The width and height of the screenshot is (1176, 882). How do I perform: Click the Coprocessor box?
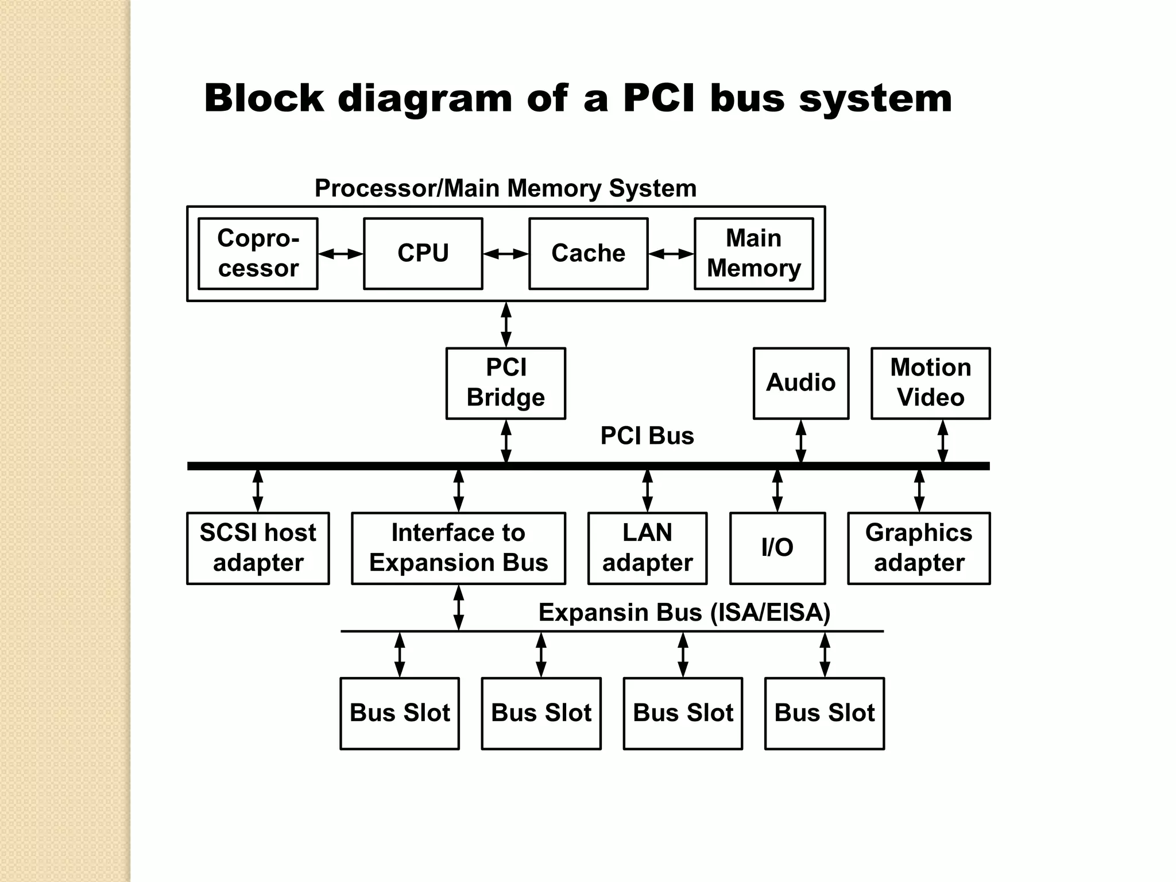[258, 253]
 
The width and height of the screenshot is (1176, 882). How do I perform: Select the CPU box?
[423, 253]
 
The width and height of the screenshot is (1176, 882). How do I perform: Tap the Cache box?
[588, 253]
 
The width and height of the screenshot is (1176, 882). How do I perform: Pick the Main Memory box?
[753, 253]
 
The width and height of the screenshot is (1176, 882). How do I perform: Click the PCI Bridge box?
[505, 383]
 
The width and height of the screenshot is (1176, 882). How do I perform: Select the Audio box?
[800, 383]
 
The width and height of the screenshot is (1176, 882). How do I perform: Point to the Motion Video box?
[930, 383]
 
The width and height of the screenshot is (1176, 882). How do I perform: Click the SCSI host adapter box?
[258, 548]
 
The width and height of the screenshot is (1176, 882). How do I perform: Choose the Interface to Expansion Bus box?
[458, 548]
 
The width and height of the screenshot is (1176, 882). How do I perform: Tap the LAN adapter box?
[647, 548]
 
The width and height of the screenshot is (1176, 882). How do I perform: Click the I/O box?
[777, 548]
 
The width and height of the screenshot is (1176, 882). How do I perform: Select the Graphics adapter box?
[919, 548]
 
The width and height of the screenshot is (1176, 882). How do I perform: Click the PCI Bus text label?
[647, 436]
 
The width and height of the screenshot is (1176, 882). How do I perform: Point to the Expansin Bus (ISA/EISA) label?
[684, 613]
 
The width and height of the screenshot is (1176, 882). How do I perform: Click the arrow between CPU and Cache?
[505, 254]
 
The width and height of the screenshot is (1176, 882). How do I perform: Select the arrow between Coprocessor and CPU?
[341, 254]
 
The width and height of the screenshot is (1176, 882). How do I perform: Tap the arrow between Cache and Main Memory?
[671, 254]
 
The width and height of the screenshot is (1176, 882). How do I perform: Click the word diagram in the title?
[424, 99]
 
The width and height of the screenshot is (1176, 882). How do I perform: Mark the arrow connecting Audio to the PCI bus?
[800, 441]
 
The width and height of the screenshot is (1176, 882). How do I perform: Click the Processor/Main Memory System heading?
[505, 188]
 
